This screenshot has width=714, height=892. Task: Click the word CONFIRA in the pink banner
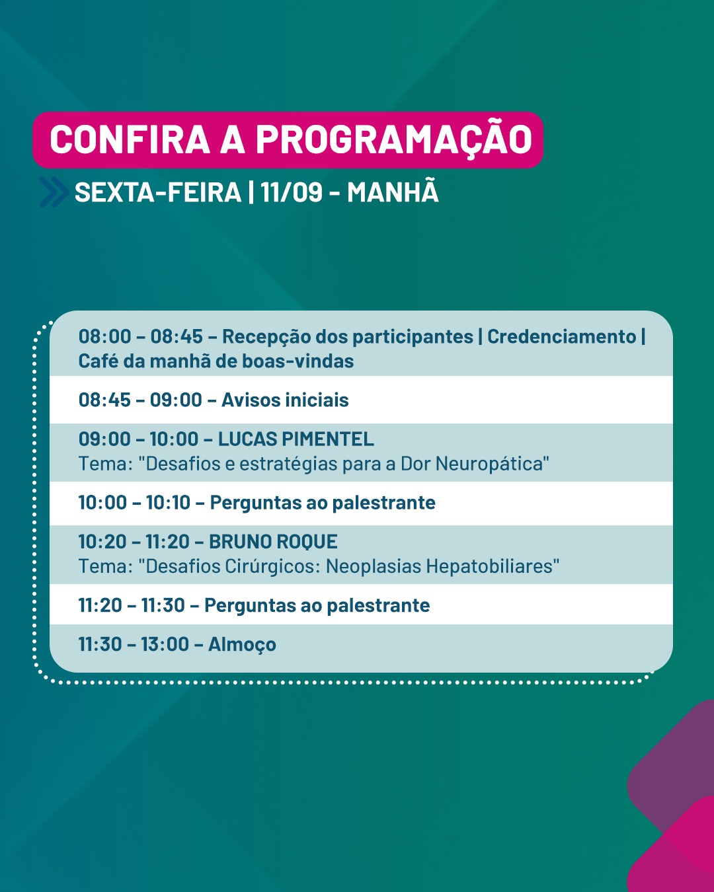click(x=130, y=139)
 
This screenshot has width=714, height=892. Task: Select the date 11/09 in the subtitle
click(x=292, y=192)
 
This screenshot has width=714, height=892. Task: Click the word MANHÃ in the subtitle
click(x=393, y=191)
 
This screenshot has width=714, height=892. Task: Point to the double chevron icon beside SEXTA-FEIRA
click(x=54, y=192)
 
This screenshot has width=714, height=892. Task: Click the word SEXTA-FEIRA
click(x=157, y=192)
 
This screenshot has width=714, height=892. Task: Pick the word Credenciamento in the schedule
click(x=562, y=336)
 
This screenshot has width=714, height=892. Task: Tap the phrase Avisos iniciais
click(x=285, y=400)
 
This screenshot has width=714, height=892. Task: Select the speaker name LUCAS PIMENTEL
click(x=296, y=439)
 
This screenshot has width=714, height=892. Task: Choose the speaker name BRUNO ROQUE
click(x=273, y=542)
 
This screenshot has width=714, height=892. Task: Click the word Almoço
click(x=242, y=645)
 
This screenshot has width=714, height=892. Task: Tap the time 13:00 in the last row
click(x=165, y=644)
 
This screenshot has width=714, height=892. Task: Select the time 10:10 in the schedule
click(x=169, y=503)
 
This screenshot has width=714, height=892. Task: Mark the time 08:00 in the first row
click(x=105, y=336)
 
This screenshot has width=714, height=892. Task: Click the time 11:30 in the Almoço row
click(x=100, y=644)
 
